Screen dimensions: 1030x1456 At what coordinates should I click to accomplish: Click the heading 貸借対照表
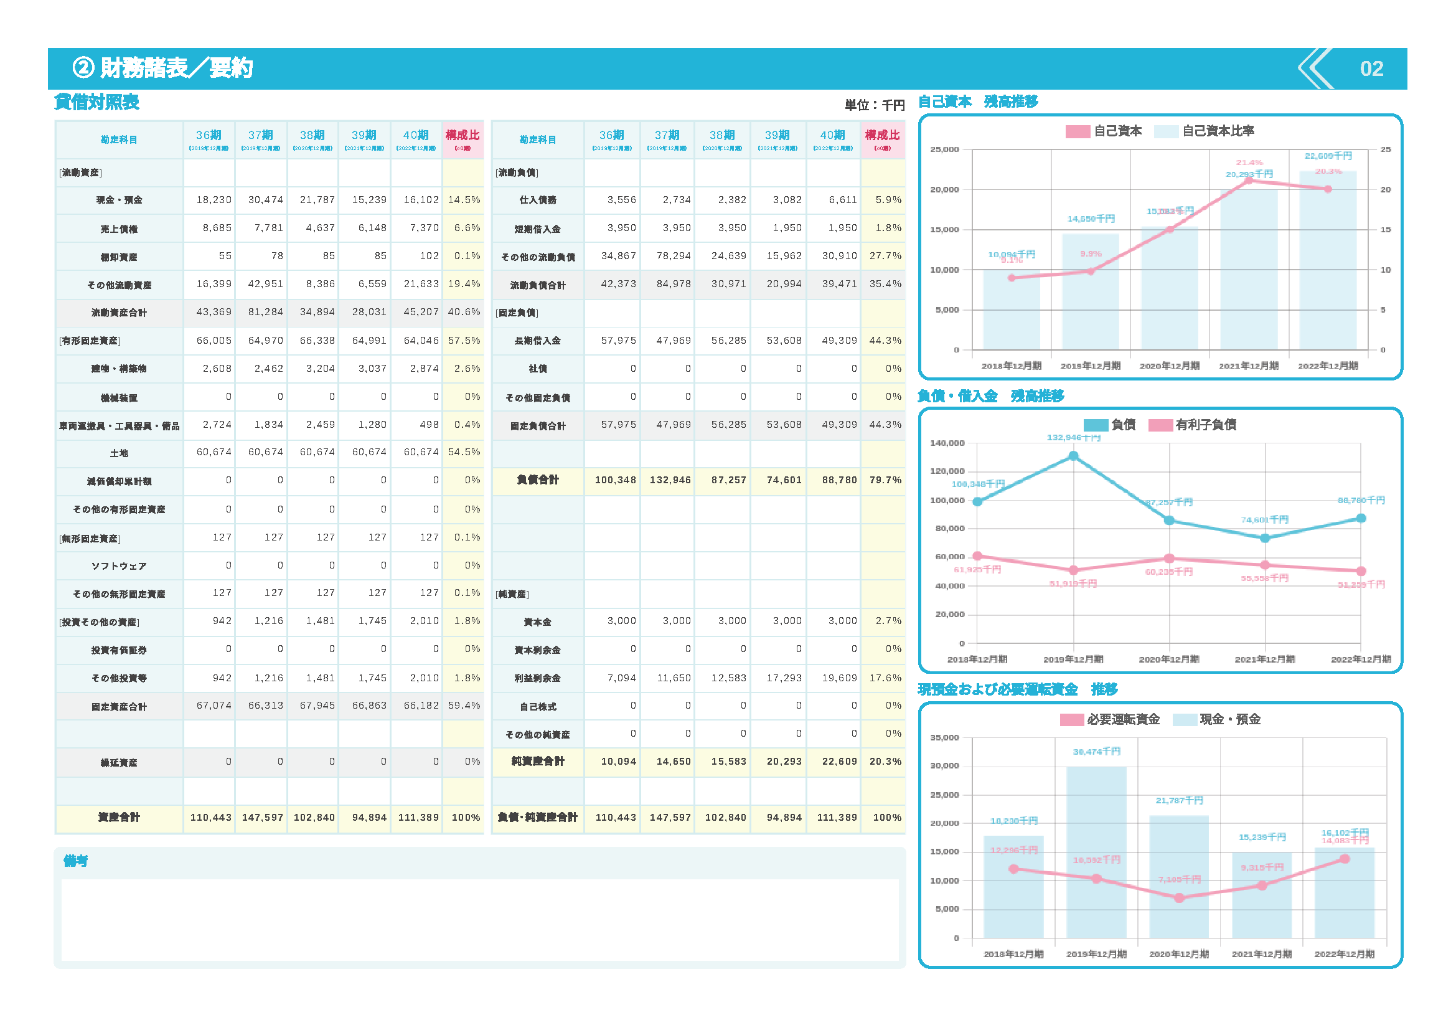(x=97, y=102)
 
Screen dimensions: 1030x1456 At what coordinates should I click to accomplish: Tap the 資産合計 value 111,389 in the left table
(x=418, y=818)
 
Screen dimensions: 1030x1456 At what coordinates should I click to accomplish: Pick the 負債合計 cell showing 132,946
(x=670, y=480)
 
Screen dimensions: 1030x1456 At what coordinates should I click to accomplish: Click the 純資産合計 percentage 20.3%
(x=885, y=761)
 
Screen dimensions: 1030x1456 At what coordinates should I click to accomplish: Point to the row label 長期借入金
(x=537, y=341)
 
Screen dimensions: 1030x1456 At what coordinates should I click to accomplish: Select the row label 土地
(x=119, y=453)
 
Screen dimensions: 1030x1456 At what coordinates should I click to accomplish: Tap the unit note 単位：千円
(x=875, y=105)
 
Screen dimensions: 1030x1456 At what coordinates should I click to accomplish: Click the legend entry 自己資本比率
(x=1218, y=131)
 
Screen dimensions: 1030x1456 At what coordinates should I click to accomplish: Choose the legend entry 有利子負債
(x=1205, y=425)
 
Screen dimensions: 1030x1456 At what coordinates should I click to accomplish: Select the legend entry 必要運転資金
(x=1122, y=719)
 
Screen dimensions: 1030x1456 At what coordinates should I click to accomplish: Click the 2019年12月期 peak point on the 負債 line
(x=1073, y=456)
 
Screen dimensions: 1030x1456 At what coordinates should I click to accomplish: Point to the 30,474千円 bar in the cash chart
(x=1096, y=850)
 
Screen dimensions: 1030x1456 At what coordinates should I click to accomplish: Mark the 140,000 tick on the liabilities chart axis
(x=947, y=443)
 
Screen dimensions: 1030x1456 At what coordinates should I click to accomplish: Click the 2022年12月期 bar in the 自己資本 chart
(x=1328, y=260)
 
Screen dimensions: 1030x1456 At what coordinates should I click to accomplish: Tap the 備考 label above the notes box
(x=75, y=861)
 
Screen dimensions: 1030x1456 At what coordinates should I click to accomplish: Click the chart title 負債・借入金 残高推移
(x=990, y=397)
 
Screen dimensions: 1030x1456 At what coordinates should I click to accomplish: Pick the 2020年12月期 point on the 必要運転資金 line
(x=1179, y=898)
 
